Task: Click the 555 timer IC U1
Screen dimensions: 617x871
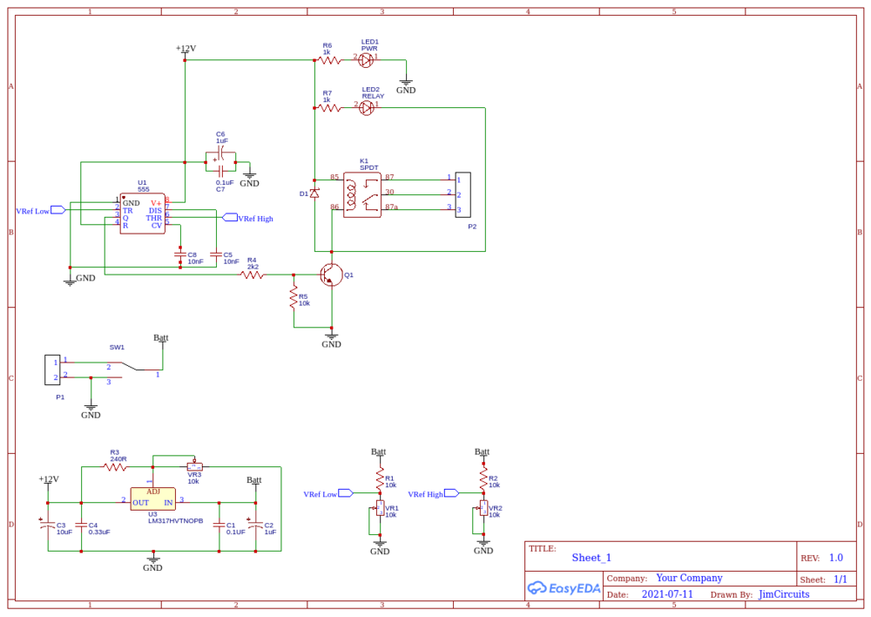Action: coord(142,213)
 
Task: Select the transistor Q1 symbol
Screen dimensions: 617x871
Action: coord(331,275)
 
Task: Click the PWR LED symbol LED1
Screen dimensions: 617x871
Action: coord(367,60)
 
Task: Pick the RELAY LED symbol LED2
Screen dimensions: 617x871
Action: coord(367,108)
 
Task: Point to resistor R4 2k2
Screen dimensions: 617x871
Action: coord(252,275)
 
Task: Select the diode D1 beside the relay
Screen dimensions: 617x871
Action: coord(314,193)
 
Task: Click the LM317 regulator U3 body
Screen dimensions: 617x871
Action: coord(152,498)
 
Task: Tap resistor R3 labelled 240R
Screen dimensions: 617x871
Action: coord(115,467)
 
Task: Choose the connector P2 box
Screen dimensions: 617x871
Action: coord(463,194)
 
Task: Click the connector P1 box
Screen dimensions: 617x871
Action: coord(52,370)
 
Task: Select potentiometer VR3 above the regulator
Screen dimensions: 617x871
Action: coord(193,467)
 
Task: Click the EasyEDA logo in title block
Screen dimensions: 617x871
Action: coord(564,587)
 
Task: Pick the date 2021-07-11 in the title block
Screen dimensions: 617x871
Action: coord(667,594)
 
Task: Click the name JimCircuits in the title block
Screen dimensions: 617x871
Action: coord(784,594)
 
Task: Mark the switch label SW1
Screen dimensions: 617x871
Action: coord(117,347)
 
